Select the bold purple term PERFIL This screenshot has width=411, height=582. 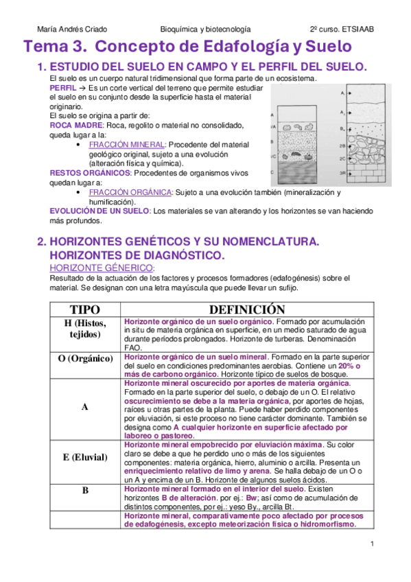(63, 89)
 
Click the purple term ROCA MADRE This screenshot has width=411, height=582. (75, 126)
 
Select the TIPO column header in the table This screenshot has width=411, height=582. (85, 309)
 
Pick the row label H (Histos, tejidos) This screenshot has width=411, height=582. (85, 329)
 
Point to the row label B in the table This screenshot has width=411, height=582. (85, 491)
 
